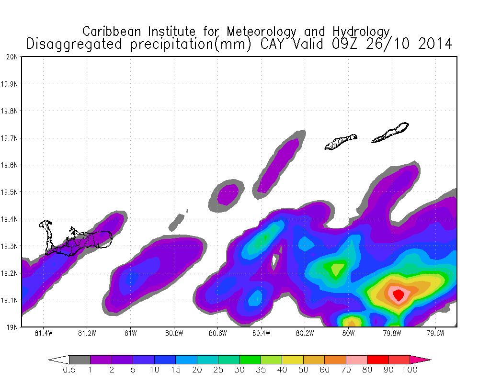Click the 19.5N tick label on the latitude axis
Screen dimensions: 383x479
pyautogui.click(x=11, y=192)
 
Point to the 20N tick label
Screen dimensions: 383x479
pyautogui.click(x=13, y=56)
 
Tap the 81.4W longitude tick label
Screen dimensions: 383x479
pyautogui.click(x=44, y=333)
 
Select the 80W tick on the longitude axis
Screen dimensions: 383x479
pyautogui.click(x=348, y=333)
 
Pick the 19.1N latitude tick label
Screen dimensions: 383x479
pyautogui.click(x=11, y=301)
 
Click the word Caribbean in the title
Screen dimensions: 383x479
pyautogui.click(x=113, y=32)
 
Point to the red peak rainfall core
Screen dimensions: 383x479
pyautogui.click(x=398, y=294)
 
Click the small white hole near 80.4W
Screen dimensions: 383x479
pyautogui.click(x=275, y=260)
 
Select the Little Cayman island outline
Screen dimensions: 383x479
pyautogui.click(x=340, y=142)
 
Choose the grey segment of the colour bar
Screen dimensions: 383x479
pyautogui.click(x=80, y=359)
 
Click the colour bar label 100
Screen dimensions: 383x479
pyautogui.click(x=410, y=370)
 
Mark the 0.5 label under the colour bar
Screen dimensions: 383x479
pyautogui.click(x=69, y=370)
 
